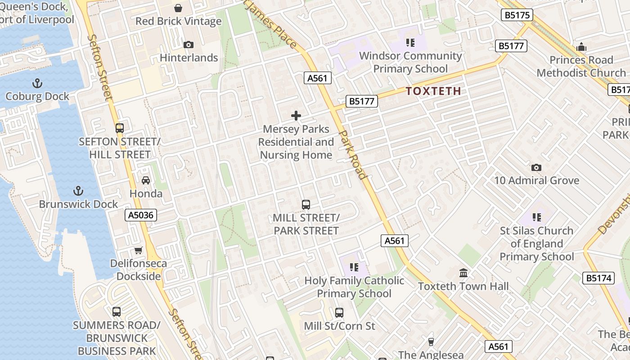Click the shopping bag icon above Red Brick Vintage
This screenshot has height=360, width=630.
[x=178, y=8]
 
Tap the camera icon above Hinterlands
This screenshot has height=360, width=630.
[x=189, y=45]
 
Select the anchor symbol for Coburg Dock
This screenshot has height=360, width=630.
[x=37, y=83]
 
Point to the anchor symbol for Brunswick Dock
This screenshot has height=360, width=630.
[x=78, y=191]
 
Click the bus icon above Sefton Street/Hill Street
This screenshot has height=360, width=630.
[x=119, y=128]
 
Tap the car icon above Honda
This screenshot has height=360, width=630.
[x=146, y=180]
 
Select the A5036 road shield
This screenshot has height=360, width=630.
[x=141, y=215]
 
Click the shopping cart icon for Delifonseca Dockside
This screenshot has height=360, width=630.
[x=139, y=250]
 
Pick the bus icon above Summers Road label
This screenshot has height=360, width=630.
[x=116, y=311]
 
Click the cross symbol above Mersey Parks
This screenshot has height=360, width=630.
[x=296, y=116]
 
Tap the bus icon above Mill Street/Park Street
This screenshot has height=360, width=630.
[x=306, y=205]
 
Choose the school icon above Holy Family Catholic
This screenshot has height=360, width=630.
[x=354, y=267]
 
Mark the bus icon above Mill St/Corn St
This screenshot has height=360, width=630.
[x=339, y=312]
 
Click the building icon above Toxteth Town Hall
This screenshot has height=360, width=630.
[x=463, y=273]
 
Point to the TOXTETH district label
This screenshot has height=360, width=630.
[x=434, y=91]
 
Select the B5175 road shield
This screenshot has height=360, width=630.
[x=517, y=15]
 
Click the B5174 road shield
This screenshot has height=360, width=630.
[x=599, y=278]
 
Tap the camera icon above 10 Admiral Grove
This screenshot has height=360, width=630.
[x=536, y=167]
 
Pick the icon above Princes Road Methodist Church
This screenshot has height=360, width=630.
[x=581, y=47]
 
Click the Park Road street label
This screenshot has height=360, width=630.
[x=352, y=155]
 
